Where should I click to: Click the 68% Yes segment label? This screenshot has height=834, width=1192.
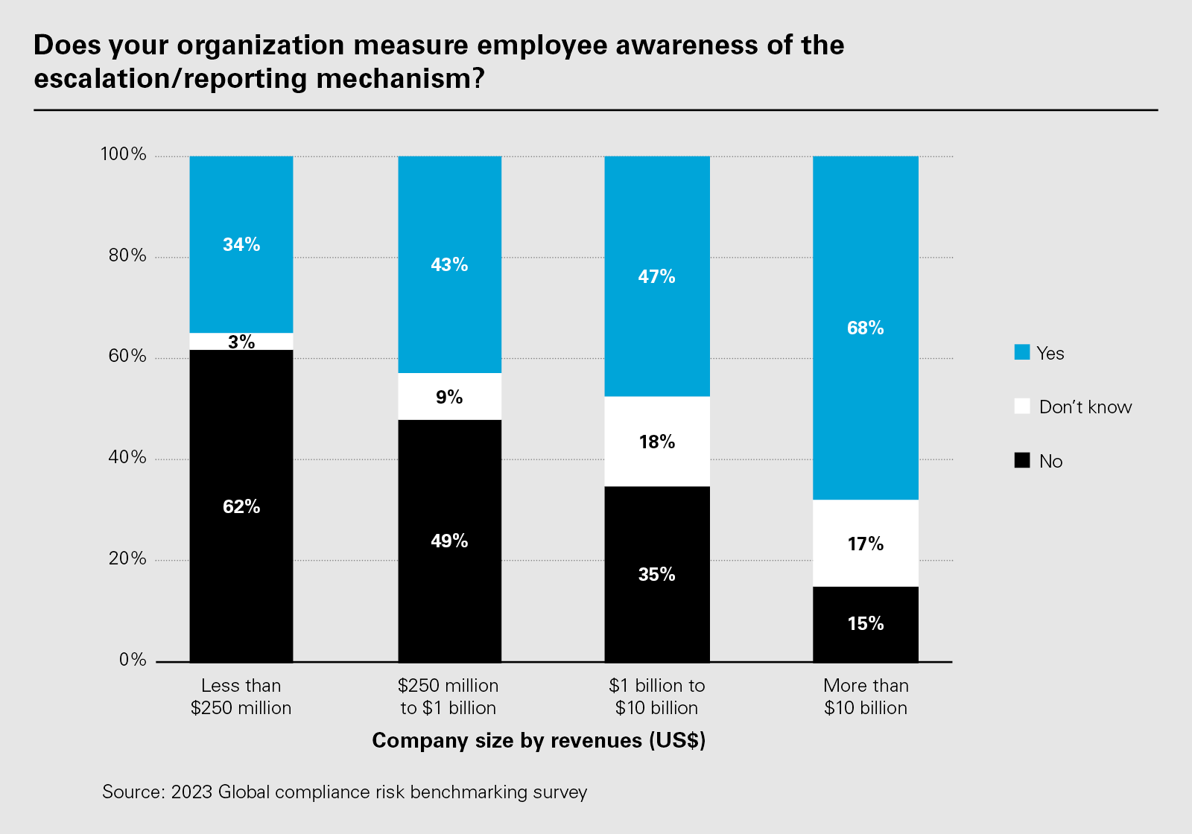pyautogui.click(x=865, y=328)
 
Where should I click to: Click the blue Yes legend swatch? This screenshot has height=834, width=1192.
pyautogui.click(x=1022, y=353)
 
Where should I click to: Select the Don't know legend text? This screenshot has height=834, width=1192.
pyautogui.click(x=1085, y=407)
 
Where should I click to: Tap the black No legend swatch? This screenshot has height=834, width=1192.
pyautogui.click(x=1022, y=461)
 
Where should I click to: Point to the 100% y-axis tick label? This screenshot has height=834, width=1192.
pyautogui.click(x=124, y=155)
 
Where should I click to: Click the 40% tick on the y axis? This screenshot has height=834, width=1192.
pyautogui.click(x=127, y=458)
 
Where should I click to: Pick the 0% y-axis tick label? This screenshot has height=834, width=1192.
pyautogui.click(x=133, y=660)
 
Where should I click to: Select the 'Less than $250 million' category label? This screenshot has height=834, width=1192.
pyautogui.click(x=241, y=696)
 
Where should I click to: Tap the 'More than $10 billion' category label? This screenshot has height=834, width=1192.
pyautogui.click(x=866, y=696)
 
